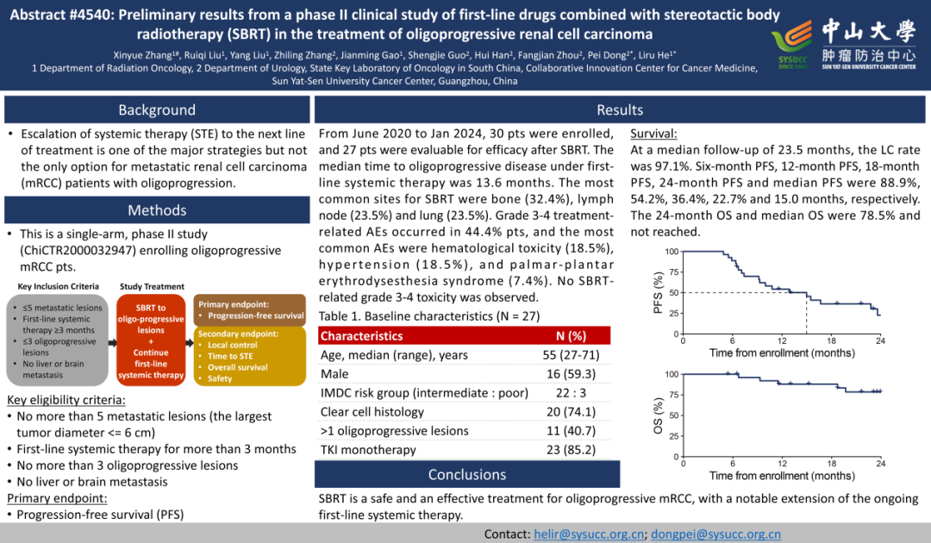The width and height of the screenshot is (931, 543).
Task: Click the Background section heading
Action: point(157,109)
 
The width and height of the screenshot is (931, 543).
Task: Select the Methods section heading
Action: point(157,210)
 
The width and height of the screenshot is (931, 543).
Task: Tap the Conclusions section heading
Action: point(467,475)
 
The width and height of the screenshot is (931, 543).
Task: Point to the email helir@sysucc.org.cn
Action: point(590,534)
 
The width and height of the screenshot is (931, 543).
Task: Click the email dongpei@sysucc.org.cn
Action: point(716,534)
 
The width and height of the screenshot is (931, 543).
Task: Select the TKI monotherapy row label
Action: point(368,449)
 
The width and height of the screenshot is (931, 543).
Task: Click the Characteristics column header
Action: point(361,336)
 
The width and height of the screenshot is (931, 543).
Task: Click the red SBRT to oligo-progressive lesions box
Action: point(151,340)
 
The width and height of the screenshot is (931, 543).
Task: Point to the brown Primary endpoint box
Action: point(251,309)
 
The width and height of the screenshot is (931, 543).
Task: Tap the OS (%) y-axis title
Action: point(659,414)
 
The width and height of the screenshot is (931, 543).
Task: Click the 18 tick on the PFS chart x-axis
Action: point(833,340)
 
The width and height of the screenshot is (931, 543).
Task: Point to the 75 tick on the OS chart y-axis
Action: point(672,394)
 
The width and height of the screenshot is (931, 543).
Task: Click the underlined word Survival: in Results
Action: point(654,134)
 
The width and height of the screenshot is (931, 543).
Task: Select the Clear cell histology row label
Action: point(372,412)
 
